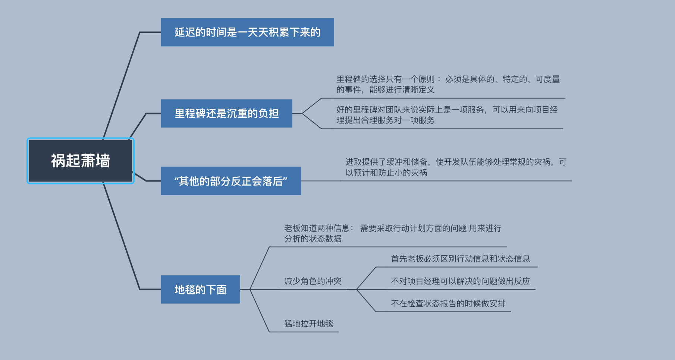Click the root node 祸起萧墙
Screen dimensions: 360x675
tap(81, 161)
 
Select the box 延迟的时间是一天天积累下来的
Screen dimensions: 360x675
tap(247, 32)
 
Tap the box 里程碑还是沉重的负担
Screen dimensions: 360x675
tap(226, 113)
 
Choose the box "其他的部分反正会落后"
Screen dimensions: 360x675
tap(231, 181)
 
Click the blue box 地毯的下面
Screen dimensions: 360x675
tap(200, 290)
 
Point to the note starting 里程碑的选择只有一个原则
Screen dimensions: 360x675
tap(448, 84)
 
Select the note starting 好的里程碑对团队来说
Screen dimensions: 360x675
tap(447, 115)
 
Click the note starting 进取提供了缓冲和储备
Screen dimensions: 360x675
tap(455, 167)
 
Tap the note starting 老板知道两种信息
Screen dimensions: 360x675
tap(392, 233)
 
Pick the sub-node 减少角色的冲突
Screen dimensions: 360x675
tap(313, 281)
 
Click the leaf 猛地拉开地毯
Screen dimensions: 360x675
tap(308, 323)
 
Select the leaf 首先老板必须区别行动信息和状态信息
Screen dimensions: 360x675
tap(460, 259)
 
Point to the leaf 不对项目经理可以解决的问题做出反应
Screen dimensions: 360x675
tap(460, 281)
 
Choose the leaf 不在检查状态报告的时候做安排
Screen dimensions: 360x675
tap(448, 303)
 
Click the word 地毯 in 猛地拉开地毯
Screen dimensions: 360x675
tap(325, 323)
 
